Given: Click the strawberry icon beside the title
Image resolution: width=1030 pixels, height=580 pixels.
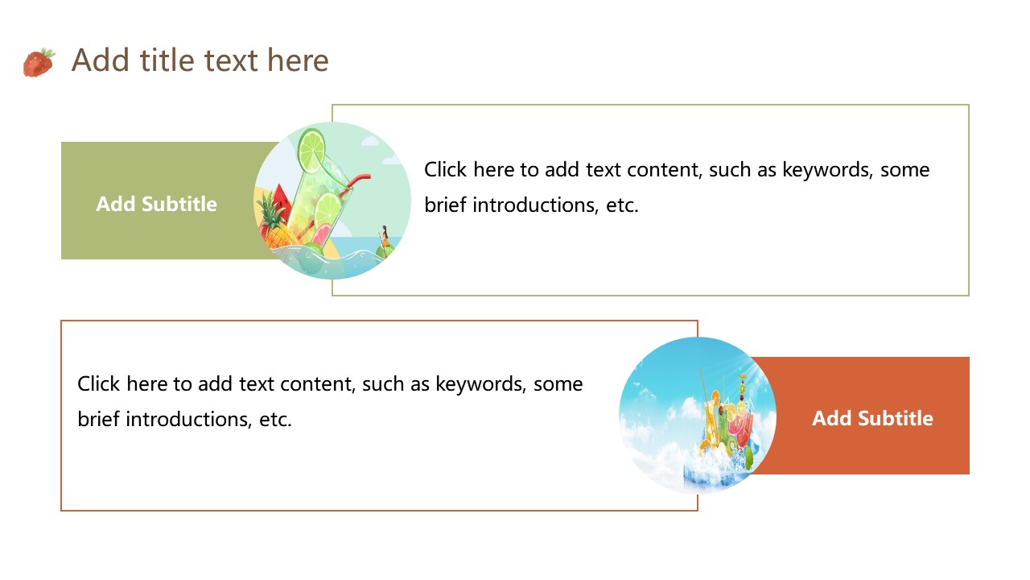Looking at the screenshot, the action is tap(39, 62).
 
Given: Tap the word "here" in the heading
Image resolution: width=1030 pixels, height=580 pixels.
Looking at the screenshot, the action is tap(298, 60).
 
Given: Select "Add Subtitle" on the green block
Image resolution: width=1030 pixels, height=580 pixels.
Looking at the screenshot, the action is tap(156, 204).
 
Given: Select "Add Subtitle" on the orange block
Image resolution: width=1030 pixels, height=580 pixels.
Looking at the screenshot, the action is tap(873, 418).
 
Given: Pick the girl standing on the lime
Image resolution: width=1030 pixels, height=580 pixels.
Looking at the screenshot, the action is tap(384, 237).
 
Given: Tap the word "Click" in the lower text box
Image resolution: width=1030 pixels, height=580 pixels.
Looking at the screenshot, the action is tap(98, 383).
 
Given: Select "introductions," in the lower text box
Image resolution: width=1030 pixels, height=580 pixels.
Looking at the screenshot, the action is tap(189, 420).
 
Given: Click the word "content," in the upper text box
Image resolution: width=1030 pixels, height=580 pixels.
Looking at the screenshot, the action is tap(665, 170).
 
